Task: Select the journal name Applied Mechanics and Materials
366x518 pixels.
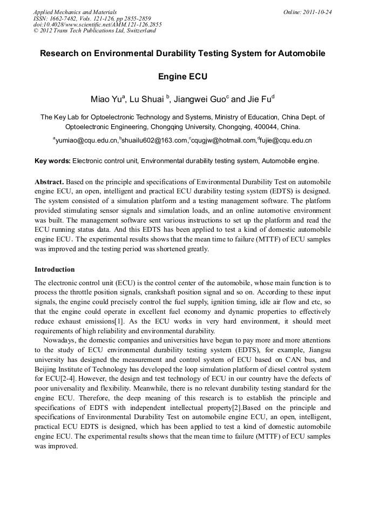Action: [x=74, y=11]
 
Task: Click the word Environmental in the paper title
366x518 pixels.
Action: [x=167, y=54]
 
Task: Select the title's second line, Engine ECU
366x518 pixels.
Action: [x=182, y=77]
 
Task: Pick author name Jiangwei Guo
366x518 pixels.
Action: [x=196, y=99]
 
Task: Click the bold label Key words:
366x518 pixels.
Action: [x=52, y=161]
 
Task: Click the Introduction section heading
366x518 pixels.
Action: [x=55, y=269]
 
